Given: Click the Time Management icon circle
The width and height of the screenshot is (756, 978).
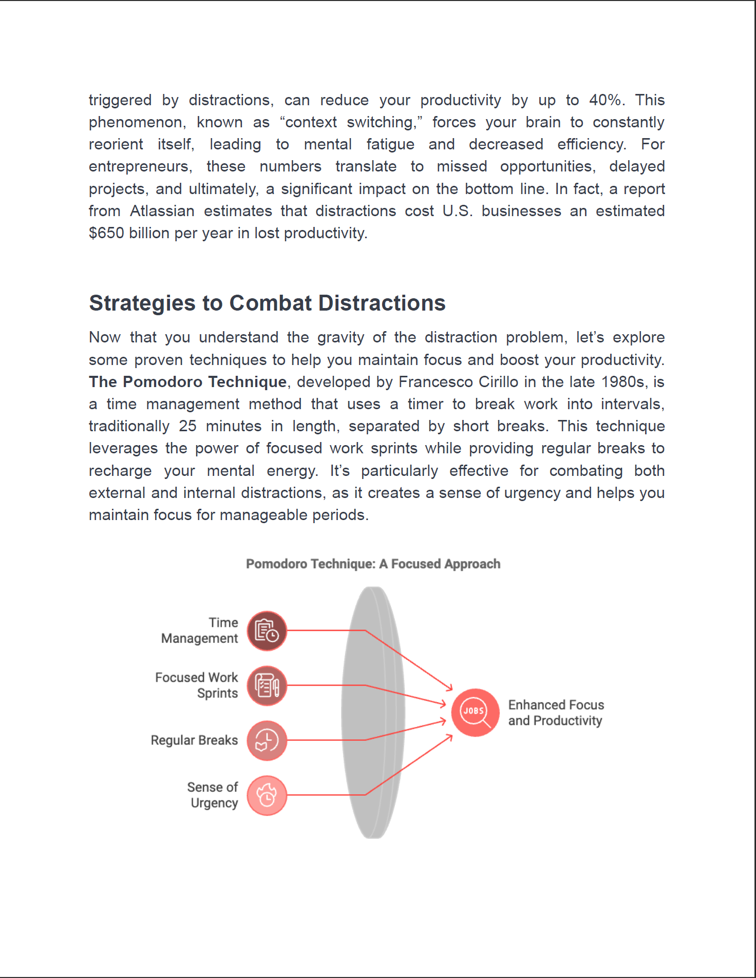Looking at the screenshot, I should (x=267, y=631).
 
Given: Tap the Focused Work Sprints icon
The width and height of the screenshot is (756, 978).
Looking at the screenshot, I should (x=267, y=686).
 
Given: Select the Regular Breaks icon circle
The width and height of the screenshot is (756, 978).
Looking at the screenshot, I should (x=267, y=741).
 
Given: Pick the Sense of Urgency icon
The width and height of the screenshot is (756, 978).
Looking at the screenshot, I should (x=267, y=795).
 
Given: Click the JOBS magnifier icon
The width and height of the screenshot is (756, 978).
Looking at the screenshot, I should (x=475, y=713).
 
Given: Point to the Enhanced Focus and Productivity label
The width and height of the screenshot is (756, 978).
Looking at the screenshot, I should (x=556, y=713).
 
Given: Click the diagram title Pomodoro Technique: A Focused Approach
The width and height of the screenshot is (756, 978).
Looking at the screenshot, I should (x=373, y=564).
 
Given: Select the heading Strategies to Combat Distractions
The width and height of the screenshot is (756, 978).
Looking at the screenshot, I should (x=267, y=303).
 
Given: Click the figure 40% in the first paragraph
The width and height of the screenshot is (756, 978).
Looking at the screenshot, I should (x=606, y=100).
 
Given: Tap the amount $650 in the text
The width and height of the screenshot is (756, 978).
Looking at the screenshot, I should (x=106, y=233).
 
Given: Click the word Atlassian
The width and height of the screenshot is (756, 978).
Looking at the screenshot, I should (x=162, y=211).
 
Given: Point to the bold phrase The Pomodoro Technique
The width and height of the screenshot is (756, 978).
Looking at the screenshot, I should (x=187, y=382).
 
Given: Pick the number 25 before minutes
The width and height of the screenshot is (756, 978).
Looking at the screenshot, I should (x=187, y=426).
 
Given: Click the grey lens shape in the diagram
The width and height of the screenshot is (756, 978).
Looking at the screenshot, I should (x=373, y=713).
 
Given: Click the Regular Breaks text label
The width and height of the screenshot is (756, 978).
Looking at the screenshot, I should (x=194, y=740).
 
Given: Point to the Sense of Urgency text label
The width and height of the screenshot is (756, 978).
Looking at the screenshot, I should (x=213, y=795).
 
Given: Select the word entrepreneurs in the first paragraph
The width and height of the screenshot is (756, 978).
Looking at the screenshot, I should (x=140, y=166).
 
